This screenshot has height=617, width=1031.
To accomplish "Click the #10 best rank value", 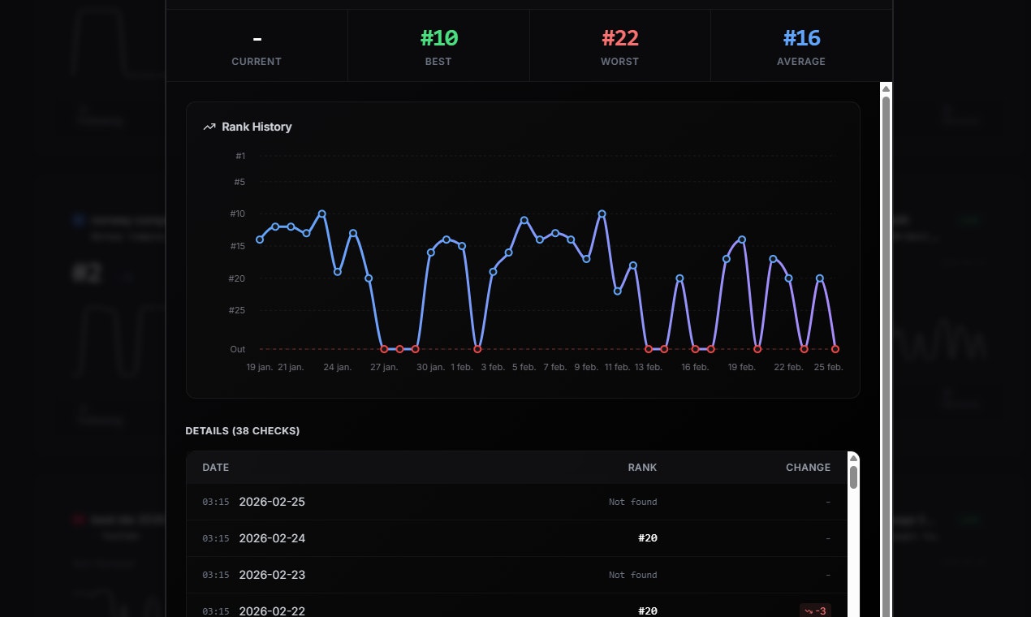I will point(438,38).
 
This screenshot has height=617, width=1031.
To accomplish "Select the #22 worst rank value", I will point(619,38).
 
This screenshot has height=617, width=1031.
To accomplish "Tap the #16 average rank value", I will point(801,38).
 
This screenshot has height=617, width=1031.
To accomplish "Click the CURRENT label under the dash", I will point(257,62).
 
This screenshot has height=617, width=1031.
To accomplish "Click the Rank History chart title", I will point(257,127).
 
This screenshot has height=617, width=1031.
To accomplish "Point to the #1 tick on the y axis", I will point(240,156).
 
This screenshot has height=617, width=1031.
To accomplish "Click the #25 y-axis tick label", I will point(237,310).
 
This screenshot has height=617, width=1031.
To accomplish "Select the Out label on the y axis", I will point(237,349).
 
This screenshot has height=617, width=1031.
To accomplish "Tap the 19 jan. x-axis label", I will point(260,368).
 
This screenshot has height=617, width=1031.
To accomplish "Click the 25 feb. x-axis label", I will point(829,368).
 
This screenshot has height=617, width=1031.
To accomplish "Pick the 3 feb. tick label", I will point(492,368).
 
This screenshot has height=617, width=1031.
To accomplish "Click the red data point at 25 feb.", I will point(835,349).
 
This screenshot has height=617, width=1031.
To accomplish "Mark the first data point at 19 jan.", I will point(260,239).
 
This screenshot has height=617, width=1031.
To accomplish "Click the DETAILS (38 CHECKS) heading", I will point(243,431).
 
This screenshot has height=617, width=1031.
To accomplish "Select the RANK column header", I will point(642,468).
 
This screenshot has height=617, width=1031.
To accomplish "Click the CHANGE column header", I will point(808,468).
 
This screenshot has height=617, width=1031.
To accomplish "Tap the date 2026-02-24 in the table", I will point(272,538).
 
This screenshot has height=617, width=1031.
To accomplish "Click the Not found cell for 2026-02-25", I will point(632,502).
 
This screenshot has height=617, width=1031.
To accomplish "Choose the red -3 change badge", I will point(815,611).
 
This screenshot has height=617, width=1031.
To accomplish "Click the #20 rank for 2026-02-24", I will point(647,538).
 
